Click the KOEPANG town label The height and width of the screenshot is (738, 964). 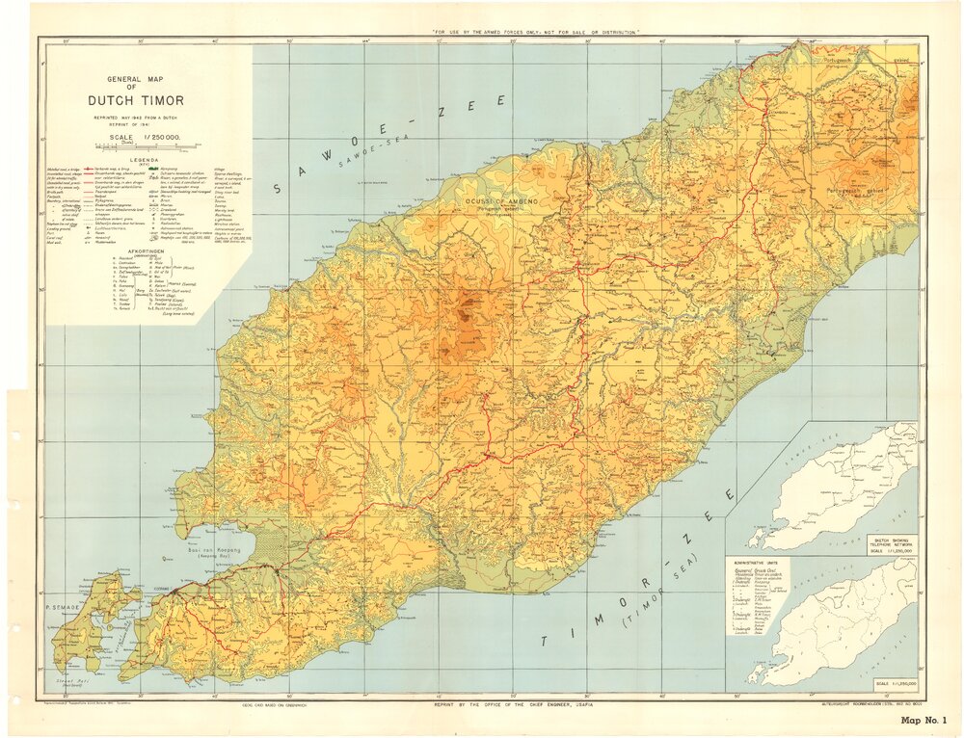160,587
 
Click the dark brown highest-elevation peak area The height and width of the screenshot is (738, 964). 468,309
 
